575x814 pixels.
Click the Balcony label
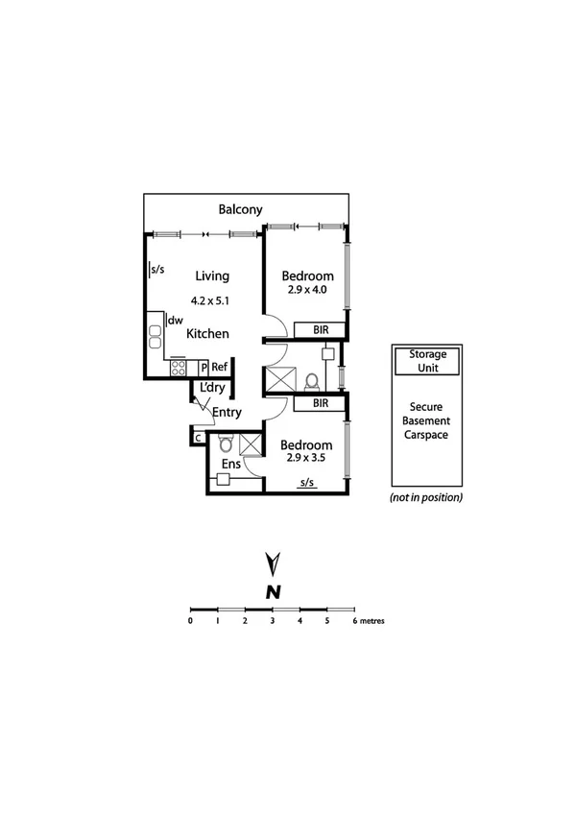click(240, 209)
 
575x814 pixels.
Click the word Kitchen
click(207, 334)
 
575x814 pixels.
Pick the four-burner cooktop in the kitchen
click(179, 368)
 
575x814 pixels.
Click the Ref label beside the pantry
click(220, 367)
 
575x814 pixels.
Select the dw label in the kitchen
click(176, 321)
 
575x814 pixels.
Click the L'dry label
click(211, 389)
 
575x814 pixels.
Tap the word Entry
click(227, 413)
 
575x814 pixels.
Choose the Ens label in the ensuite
click(230, 465)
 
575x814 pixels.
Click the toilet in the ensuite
click(226, 443)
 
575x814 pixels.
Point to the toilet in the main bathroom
click(309, 382)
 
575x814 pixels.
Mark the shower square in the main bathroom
click(281, 377)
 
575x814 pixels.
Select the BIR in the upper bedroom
click(320, 329)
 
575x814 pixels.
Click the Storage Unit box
click(427, 361)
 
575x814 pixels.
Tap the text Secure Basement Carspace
click(427, 420)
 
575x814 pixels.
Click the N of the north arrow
click(273, 592)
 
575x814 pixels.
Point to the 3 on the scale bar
click(273, 621)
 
